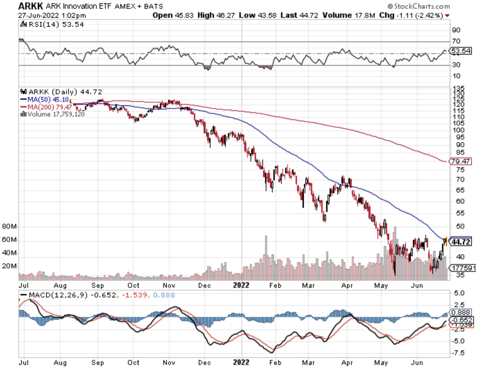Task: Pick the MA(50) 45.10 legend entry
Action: coord(45,100)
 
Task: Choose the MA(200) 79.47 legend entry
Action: coord(46,107)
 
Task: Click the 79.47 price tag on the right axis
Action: coord(460,161)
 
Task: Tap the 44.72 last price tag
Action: coord(461,242)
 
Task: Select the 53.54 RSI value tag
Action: coord(461,51)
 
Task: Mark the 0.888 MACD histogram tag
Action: coord(461,312)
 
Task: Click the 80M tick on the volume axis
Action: coord(9,227)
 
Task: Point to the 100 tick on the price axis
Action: coord(458,130)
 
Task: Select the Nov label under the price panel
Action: coord(169,286)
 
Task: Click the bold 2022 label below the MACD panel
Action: coord(241,362)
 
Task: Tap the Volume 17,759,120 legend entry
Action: coord(53,114)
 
